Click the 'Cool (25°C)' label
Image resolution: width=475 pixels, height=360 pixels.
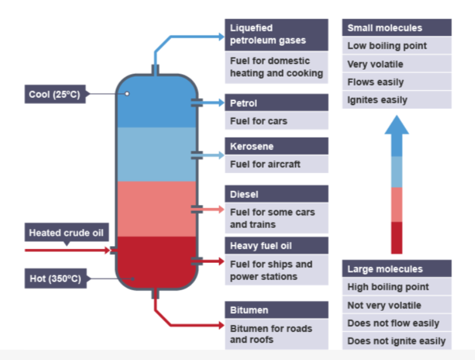[x=55, y=94]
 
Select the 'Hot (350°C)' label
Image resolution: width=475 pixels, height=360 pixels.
[x=55, y=279]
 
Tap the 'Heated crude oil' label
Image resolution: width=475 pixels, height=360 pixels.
[x=66, y=233]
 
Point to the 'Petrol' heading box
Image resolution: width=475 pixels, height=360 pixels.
[x=276, y=103]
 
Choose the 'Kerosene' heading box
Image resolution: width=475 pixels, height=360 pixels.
[x=276, y=147]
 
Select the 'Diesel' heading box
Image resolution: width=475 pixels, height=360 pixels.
[x=276, y=194]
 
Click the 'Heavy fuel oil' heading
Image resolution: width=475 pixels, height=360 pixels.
[x=276, y=246]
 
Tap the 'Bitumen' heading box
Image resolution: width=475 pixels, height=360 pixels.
[x=276, y=310]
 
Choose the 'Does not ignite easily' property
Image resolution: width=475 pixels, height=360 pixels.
[x=397, y=341]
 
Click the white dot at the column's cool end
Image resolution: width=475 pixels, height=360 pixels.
[x=127, y=93]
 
